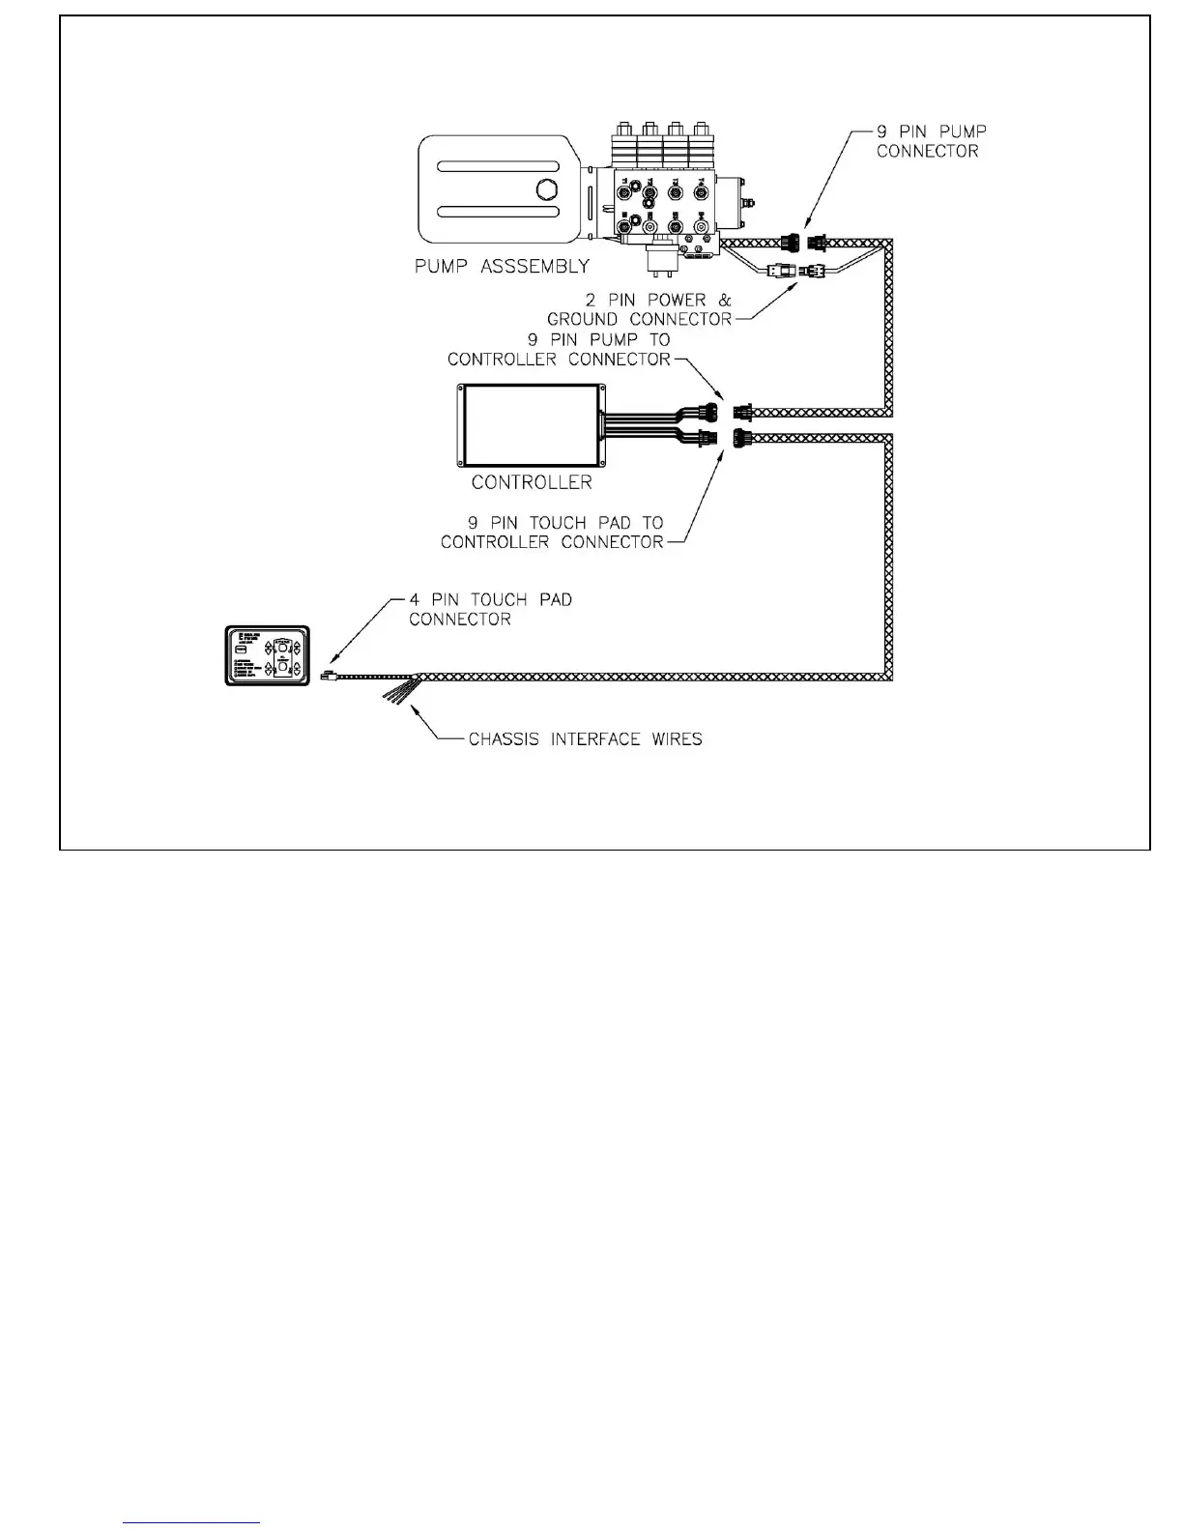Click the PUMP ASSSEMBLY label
pyautogui.click(x=502, y=266)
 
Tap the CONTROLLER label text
pyautogui.click(x=532, y=481)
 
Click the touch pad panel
pyautogui.click(x=267, y=655)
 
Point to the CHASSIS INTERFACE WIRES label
pyautogui.click(x=585, y=739)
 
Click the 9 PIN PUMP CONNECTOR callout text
pyautogui.click(x=931, y=141)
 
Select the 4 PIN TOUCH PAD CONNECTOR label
pyautogui.click(x=490, y=609)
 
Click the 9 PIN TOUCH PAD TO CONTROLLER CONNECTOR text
pyautogui.click(x=553, y=533)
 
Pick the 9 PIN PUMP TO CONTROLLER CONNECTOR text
pyautogui.click(x=559, y=350)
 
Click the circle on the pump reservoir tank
pyautogui.click(x=547, y=189)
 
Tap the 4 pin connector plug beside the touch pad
pyautogui.click(x=328, y=676)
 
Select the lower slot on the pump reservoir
pyautogui.click(x=497, y=212)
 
